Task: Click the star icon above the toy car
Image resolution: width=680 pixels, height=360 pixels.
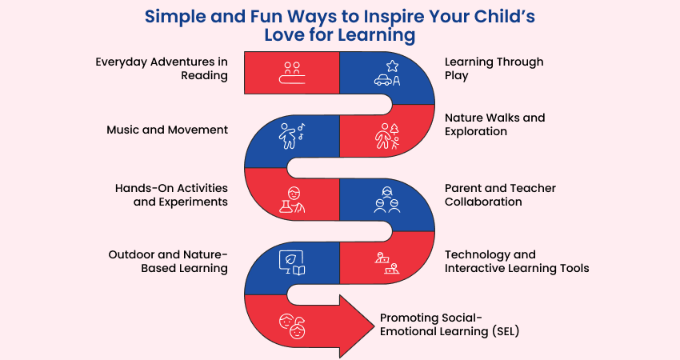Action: pos(392,66)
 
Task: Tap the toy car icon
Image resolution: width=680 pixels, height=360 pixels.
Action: pos(383,80)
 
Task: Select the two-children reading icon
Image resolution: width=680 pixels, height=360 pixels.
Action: pos(292,73)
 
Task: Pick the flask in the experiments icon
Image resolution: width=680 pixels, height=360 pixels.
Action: pos(285,206)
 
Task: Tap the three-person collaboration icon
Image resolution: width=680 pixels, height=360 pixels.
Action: pos(387,200)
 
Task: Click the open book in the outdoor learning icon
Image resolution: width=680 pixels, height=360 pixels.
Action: pos(299,270)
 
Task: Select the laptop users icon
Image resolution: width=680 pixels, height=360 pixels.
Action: pos(387,263)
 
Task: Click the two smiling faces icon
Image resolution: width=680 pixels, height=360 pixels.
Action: pos(292,326)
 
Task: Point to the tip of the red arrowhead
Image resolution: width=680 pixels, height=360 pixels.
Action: pos(374,326)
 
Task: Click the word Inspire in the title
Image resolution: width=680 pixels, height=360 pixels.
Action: pos(394,18)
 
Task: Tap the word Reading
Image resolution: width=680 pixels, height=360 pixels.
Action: pos(204,76)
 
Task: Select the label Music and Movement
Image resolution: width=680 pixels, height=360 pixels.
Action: pos(167,130)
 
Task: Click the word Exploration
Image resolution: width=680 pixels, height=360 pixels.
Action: pos(476,131)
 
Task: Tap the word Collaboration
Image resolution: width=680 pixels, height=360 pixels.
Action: pos(483,202)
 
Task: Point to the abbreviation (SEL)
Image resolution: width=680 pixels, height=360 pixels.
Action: pos(506,332)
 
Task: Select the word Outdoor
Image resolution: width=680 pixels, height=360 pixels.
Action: pos(131,254)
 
